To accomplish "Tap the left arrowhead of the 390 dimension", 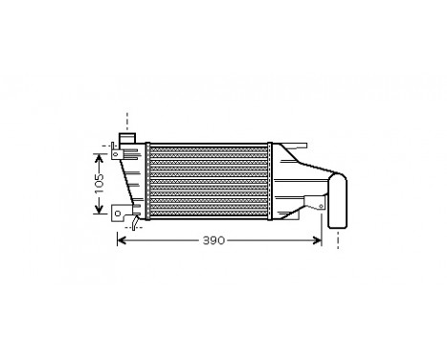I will click(121, 239).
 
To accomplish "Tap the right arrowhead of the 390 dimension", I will click(318, 239).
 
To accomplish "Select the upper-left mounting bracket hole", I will click(115, 151).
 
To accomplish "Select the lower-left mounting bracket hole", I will click(116, 212).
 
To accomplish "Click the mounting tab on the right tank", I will click(313, 203).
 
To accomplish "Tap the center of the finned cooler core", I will click(210, 181).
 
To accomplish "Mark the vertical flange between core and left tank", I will click(148, 181).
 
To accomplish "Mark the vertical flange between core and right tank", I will click(271, 181).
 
